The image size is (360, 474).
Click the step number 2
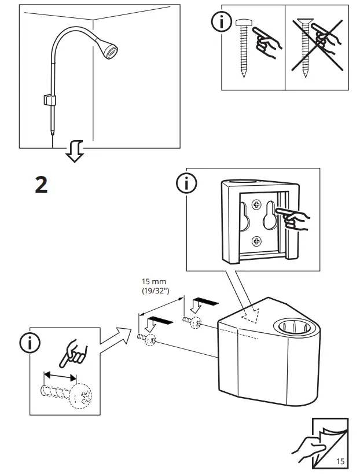(41, 185)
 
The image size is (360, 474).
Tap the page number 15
(340, 461)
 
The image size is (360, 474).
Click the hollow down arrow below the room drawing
(74, 152)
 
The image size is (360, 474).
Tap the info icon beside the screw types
(221, 23)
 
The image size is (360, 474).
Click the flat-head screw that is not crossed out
(243, 46)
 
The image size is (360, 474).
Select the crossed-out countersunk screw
(305, 49)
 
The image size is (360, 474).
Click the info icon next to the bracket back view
(186, 184)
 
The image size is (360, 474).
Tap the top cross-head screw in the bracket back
(256, 204)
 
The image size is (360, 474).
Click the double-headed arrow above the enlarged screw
(60, 375)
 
